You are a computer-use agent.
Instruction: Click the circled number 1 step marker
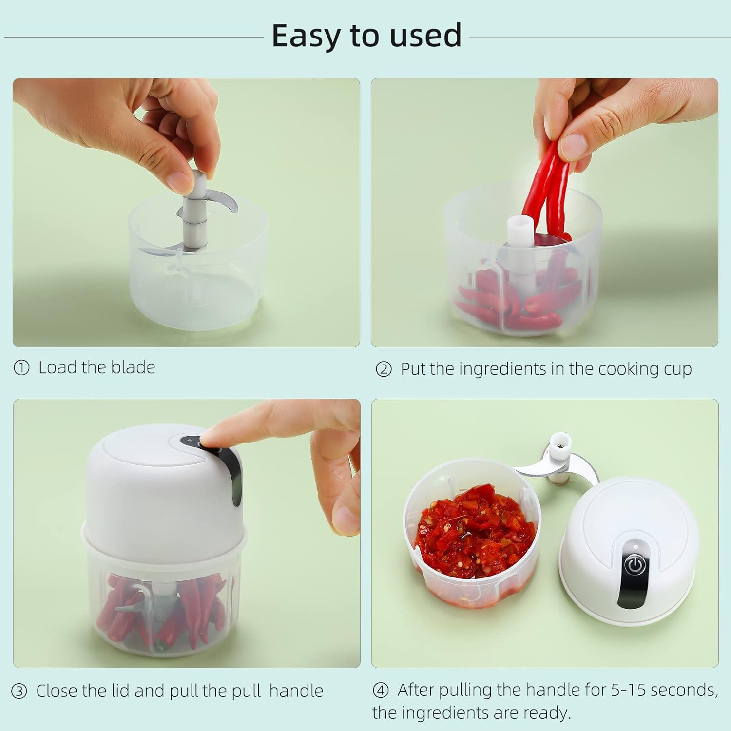click(x=21, y=368)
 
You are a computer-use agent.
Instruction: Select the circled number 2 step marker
click(x=384, y=369)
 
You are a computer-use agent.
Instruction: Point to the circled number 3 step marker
click(x=19, y=692)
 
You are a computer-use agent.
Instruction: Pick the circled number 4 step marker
click(x=381, y=691)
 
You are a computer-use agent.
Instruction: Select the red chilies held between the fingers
click(x=548, y=185)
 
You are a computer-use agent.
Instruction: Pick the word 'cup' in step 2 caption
click(x=678, y=369)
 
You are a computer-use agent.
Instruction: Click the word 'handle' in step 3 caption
click(x=296, y=691)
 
